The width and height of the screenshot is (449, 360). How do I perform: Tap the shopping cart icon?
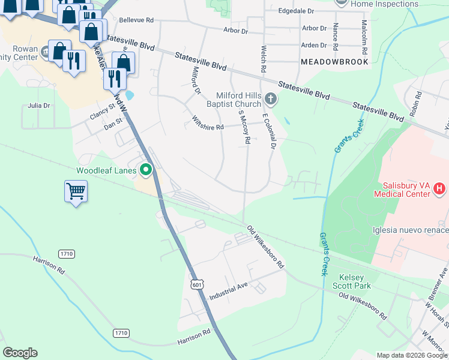[75, 192]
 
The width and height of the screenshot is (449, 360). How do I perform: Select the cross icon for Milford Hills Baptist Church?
[271, 98]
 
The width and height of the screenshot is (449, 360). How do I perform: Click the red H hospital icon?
[439, 189]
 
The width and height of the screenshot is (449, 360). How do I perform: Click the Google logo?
[20, 353]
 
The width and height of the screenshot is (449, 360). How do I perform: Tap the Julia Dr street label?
[39, 106]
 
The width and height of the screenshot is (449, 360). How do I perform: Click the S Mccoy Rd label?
[244, 127]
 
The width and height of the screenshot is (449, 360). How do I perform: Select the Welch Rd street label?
[263, 59]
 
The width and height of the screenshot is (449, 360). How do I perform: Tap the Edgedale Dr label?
[297, 11]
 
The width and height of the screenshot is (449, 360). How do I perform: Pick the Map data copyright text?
[411, 355]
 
